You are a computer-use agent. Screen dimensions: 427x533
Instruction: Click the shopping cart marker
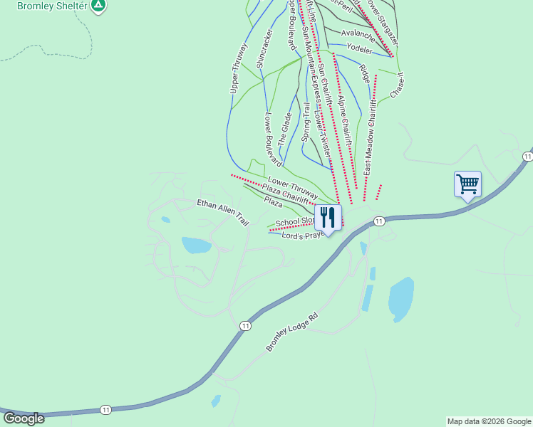coord(467,184)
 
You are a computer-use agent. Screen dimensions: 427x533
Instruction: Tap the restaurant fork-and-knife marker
coord(328,216)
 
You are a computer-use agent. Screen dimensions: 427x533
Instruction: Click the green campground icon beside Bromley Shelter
coord(99,6)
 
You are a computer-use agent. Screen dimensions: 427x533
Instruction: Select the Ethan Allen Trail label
coord(223,211)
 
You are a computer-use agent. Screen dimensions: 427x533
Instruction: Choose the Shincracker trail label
coord(264,48)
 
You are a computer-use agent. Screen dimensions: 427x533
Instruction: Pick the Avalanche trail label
coord(358,33)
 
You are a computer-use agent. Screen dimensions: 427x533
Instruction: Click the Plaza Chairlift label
coord(286,191)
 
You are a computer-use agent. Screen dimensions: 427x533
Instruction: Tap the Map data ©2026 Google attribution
coord(489,421)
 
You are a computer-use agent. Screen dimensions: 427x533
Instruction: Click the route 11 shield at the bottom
coord(105,410)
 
